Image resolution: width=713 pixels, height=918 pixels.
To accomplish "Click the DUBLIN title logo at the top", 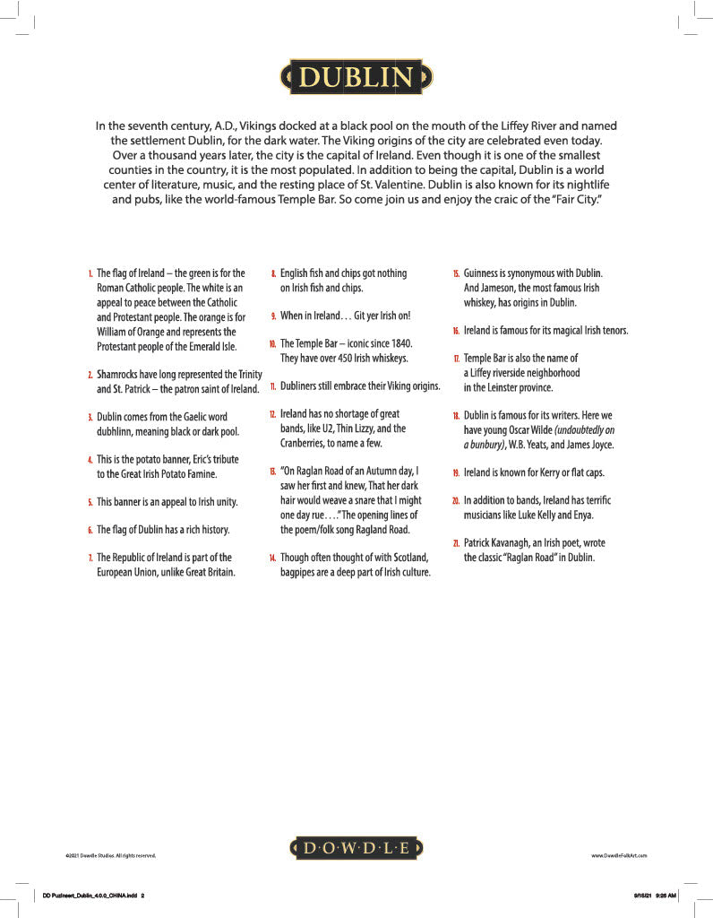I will click(x=356, y=78).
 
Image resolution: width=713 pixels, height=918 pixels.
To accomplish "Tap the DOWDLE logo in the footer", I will click(x=356, y=847).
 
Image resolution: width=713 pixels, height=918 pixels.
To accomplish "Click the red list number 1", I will click(x=90, y=273).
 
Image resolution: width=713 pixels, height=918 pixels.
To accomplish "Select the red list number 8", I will click(x=273, y=273).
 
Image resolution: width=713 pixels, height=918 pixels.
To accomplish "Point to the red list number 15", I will click(x=456, y=273).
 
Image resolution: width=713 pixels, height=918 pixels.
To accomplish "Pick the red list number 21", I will click(x=456, y=543).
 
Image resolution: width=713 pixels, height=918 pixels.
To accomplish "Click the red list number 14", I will click(x=272, y=558).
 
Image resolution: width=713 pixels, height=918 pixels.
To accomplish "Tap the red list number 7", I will click(x=90, y=558).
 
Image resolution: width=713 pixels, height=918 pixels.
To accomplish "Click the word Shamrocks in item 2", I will click(x=123, y=374).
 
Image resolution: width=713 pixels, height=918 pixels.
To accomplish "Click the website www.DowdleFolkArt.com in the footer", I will click(x=619, y=856).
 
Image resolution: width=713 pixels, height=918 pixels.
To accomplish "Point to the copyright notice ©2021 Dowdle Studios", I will click(x=111, y=856).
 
